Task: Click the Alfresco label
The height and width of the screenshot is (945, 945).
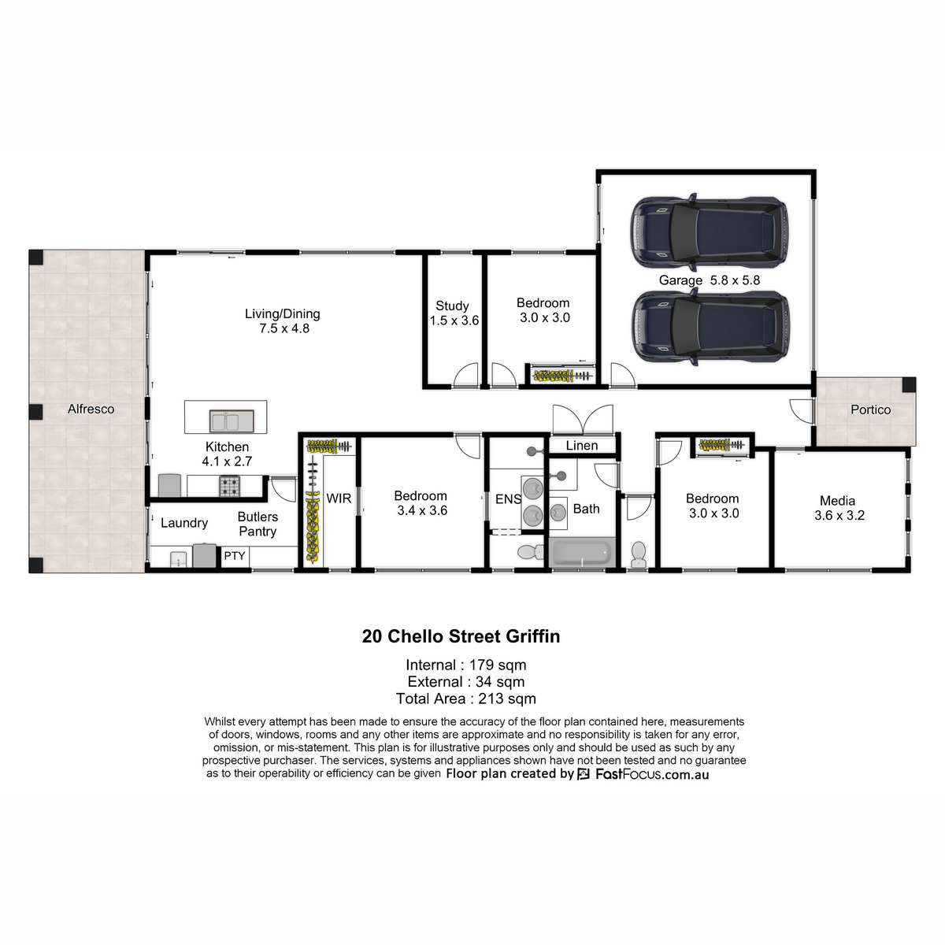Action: tap(91, 409)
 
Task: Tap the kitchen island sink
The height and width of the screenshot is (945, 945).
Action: tap(232, 421)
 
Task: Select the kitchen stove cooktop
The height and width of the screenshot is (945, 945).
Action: tap(229, 486)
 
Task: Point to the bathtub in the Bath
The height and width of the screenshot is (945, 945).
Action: tap(582, 553)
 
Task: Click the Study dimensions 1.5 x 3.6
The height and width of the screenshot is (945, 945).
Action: tap(454, 321)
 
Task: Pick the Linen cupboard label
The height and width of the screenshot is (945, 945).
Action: tap(582, 445)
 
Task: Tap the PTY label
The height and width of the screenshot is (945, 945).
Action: tap(235, 556)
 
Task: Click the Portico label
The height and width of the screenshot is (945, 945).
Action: tap(870, 409)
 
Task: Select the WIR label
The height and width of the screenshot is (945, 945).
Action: tap(339, 498)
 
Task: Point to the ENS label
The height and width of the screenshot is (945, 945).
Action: tap(508, 499)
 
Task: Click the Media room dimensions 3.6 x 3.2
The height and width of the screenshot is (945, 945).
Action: tap(839, 515)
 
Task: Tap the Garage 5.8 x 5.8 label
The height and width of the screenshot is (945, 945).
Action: tap(709, 280)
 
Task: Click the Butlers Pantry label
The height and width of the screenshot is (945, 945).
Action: tap(258, 524)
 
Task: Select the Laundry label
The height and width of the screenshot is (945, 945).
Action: tap(184, 523)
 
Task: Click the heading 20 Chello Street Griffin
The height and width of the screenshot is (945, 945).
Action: tap(461, 636)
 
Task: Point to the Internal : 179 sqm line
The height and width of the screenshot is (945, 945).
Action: tap(466, 665)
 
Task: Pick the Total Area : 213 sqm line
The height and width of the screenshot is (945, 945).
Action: tap(466, 699)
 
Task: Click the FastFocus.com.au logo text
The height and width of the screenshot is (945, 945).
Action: tap(652, 774)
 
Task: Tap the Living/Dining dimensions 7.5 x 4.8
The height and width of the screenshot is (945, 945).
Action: tap(284, 328)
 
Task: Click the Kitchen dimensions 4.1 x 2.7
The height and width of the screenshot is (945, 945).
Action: tap(227, 461)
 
